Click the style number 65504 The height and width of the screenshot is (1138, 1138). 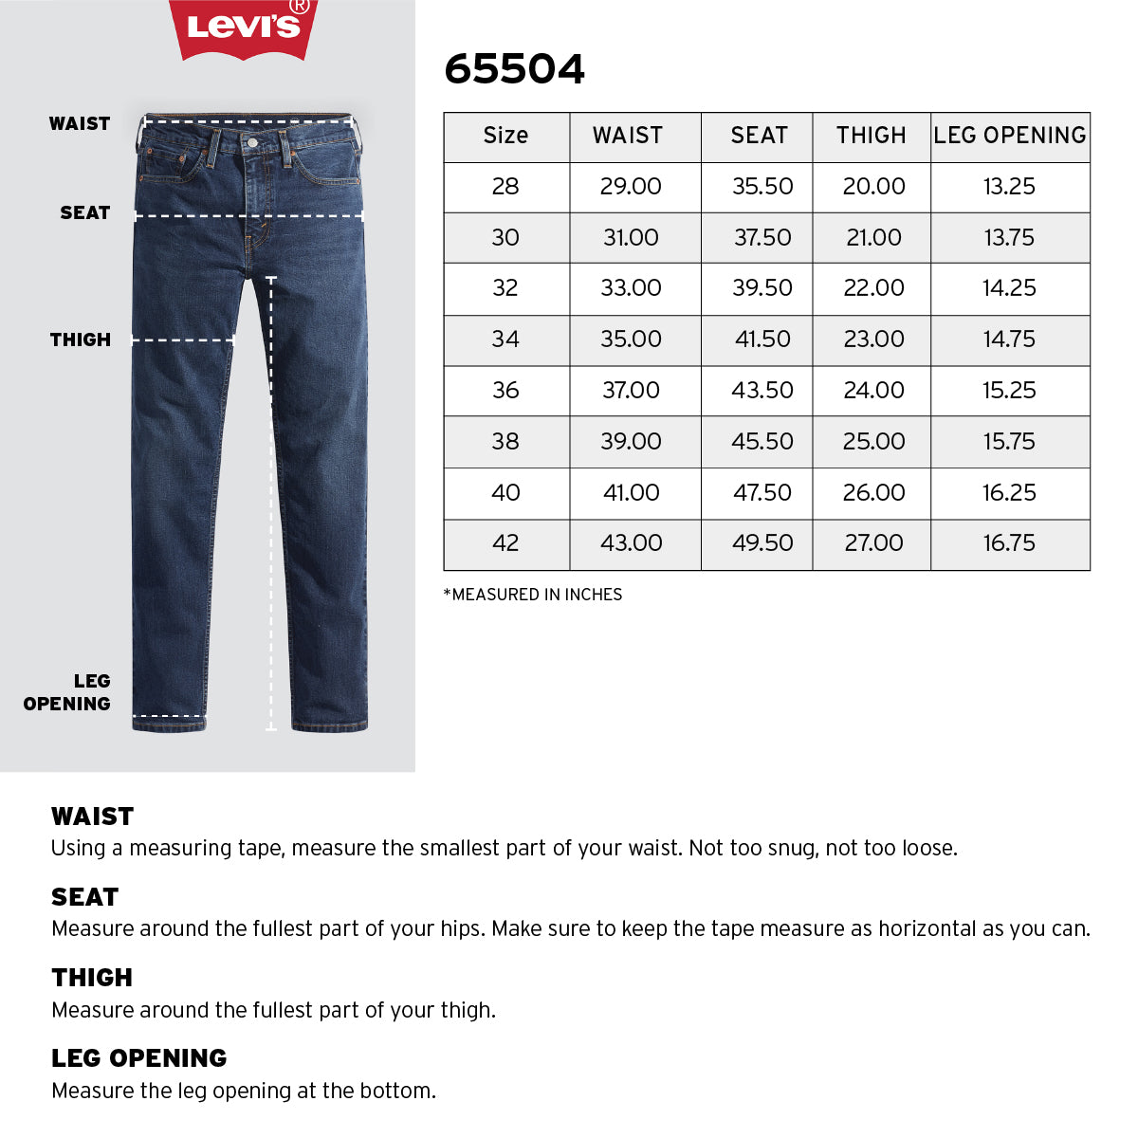click(x=515, y=69)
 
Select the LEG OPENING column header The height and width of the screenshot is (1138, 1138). click(x=1010, y=136)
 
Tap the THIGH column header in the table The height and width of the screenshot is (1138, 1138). click(x=872, y=136)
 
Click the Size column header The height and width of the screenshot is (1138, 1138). click(x=505, y=136)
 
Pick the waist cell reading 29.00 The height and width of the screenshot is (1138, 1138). click(x=631, y=187)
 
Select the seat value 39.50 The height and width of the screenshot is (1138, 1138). click(x=762, y=288)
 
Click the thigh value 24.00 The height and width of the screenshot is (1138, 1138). click(x=873, y=391)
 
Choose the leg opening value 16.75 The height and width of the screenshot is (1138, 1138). click(x=1009, y=543)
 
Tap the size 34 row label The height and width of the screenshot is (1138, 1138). click(x=505, y=340)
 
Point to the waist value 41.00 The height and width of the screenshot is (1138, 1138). click(x=631, y=493)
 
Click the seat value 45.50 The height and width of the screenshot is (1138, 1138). click(x=762, y=442)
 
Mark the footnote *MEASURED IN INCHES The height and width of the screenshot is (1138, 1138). click(x=533, y=595)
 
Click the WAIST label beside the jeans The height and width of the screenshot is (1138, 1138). click(x=80, y=124)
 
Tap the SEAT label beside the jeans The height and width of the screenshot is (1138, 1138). click(x=85, y=213)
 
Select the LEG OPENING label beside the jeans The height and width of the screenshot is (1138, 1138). click(x=68, y=692)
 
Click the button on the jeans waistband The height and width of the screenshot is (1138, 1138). click(x=251, y=142)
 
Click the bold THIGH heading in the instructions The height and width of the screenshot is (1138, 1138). click(x=92, y=978)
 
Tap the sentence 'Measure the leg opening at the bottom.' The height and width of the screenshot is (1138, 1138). click(x=244, y=1091)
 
